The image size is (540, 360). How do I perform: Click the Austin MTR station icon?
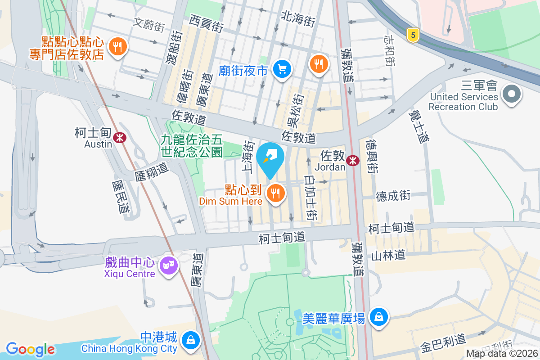(120, 138)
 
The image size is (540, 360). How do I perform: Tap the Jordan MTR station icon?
(353, 160)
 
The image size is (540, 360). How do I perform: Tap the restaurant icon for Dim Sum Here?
(275, 194)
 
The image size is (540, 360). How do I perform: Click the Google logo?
(30, 349)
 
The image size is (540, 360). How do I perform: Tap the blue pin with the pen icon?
(270, 158)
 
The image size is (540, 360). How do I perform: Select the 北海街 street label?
(297, 19)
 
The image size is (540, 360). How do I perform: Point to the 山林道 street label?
(388, 256)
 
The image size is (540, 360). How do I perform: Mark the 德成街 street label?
(393, 195)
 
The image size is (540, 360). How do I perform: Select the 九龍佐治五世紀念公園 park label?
(192, 146)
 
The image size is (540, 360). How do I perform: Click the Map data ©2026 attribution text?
(502, 354)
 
